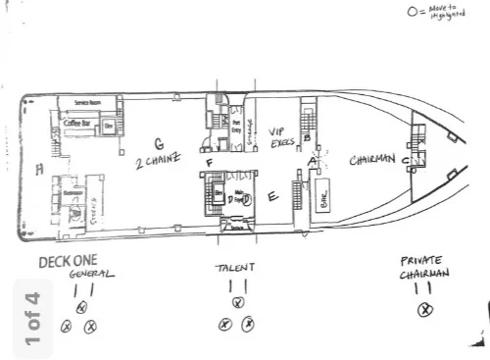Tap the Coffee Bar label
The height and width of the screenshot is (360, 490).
coord(77,124)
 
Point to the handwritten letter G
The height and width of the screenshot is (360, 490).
coord(159,143)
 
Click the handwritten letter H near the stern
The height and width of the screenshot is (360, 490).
coord(39,170)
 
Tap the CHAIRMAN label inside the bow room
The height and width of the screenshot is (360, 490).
coord(372,159)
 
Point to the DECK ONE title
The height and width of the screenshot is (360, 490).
coord(66,262)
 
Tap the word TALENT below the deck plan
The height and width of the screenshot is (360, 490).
coord(235,268)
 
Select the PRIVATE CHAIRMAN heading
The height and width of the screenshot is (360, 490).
coord(423,268)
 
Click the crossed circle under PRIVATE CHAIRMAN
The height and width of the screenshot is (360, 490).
coord(425,310)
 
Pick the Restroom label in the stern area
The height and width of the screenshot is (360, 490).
coord(71,192)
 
